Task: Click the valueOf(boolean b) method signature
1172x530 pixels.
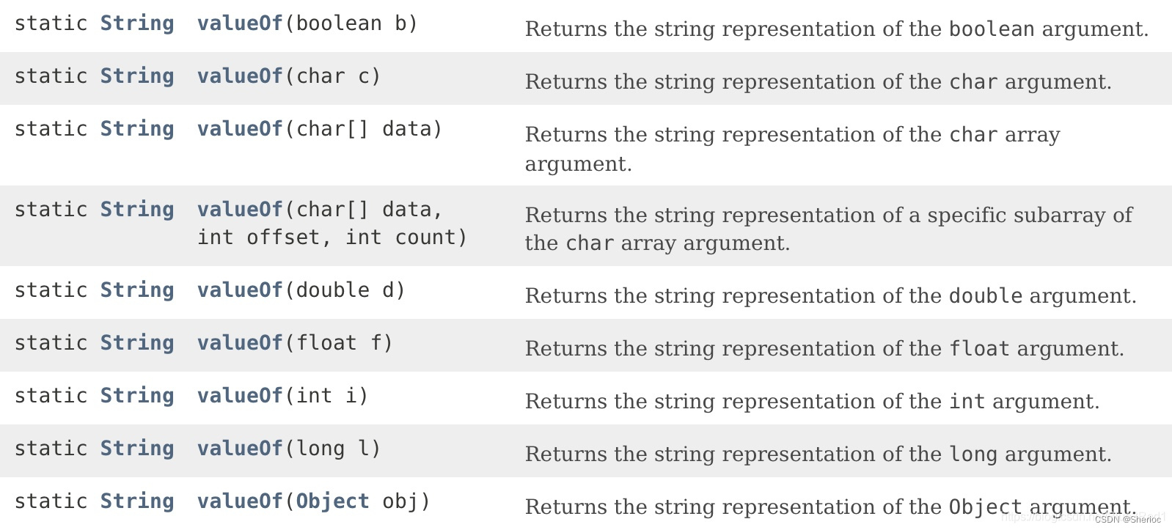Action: coord(307,23)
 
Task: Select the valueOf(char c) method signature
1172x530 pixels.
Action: coord(289,76)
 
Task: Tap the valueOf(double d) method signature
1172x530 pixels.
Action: coord(301,290)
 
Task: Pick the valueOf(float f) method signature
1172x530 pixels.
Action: coord(295,343)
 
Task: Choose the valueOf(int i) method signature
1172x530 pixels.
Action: coord(282,396)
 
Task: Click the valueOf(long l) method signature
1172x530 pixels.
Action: coord(289,449)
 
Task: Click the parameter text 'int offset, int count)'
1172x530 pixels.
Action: coord(332,238)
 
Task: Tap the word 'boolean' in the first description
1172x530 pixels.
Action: coord(992,29)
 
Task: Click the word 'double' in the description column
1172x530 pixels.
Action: coord(986,296)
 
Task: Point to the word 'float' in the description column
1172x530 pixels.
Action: coord(979,349)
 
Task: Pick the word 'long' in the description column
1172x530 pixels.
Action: coord(973,454)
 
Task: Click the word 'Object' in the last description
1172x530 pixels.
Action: coord(985,507)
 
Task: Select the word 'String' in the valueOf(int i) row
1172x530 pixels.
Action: coord(137,396)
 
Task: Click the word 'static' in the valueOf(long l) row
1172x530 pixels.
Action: coord(51,449)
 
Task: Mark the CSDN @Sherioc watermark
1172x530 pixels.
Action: coord(1128,520)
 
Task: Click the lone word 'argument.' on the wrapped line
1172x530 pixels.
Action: coord(578,164)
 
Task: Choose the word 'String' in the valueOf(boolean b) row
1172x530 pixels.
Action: coord(137,23)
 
